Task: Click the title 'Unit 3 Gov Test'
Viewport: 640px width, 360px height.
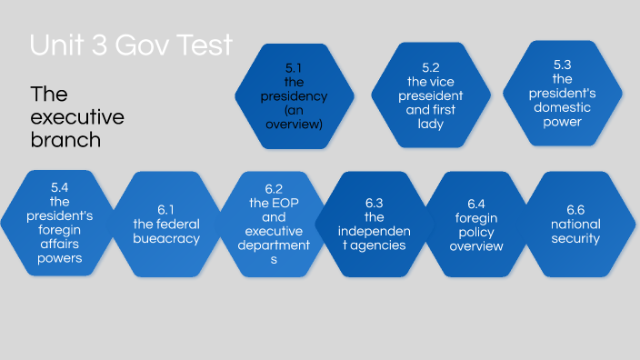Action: [x=131, y=45]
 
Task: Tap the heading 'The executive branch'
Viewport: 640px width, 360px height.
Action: [x=77, y=117]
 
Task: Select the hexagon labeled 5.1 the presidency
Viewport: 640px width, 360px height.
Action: [x=295, y=95]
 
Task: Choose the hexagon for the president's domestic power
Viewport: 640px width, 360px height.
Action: [x=562, y=94]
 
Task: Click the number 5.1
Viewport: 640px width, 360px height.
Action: [x=295, y=67]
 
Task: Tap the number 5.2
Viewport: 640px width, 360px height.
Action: [x=431, y=67]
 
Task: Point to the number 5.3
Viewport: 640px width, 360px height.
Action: [x=562, y=65]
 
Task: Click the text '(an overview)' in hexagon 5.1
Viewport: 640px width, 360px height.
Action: [x=295, y=115]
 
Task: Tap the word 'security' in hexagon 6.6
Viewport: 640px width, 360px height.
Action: [x=575, y=239]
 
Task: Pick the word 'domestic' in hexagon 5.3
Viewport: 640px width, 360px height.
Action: [x=562, y=107]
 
